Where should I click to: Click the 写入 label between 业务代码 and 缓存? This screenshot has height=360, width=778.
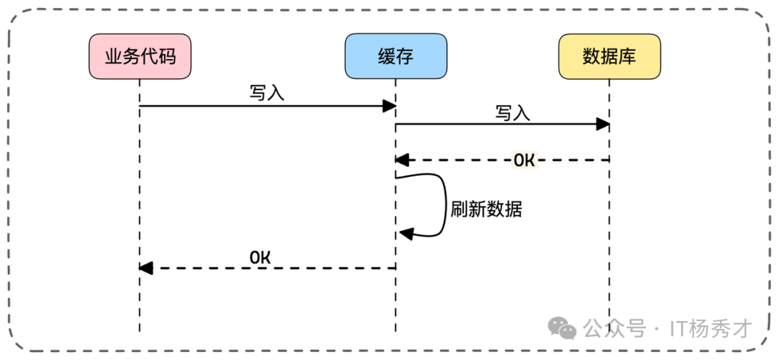coord(267,94)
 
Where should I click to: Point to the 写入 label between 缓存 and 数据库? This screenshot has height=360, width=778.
coord(512,112)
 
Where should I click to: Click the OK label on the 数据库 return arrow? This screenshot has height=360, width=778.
coord(524,160)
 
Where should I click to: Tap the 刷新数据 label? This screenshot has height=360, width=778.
coord(486,210)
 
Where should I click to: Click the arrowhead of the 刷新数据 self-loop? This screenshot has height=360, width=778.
coord(406,233)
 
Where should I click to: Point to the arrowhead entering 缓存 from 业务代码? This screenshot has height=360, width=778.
coord(390,106)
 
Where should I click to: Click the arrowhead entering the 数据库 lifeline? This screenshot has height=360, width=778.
coord(603,125)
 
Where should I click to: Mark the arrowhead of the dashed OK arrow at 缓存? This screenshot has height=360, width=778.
coord(402,160)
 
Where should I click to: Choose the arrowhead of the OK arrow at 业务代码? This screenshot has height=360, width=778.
coord(146,268)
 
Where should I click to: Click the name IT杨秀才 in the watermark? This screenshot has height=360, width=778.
coord(710,329)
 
